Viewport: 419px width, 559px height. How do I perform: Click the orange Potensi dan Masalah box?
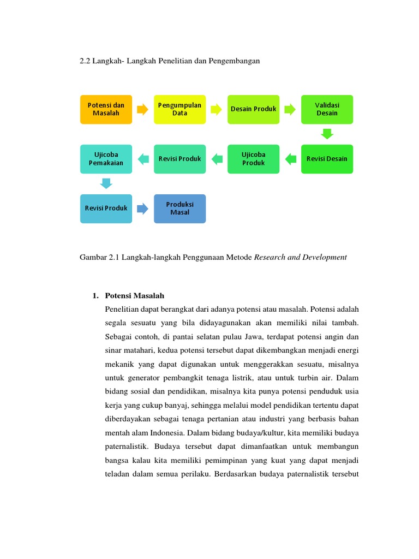coord(106,109)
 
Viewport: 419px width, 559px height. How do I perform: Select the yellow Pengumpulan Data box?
coord(179,109)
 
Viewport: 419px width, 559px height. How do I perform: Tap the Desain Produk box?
coord(253,109)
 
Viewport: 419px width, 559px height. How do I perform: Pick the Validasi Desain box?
coord(327,109)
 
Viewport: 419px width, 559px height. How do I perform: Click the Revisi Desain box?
coord(327,159)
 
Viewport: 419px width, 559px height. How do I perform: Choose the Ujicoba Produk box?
coord(253,159)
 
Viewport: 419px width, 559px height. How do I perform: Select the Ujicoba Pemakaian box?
coord(106,159)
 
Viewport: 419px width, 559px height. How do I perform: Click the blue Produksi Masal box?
coord(179,208)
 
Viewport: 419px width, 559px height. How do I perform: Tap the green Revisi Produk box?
coord(179,159)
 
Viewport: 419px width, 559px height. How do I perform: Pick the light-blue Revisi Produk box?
coord(106,208)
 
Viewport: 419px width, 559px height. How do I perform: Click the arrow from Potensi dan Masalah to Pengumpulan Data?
coord(142,109)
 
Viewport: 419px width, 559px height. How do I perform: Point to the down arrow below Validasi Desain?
coord(327,134)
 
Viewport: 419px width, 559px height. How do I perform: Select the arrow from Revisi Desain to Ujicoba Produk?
coord(290,159)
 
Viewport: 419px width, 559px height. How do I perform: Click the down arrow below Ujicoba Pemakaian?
coord(106,183)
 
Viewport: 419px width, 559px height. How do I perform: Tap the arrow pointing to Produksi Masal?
coord(142,208)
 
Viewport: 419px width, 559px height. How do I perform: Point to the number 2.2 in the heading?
coord(85,61)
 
